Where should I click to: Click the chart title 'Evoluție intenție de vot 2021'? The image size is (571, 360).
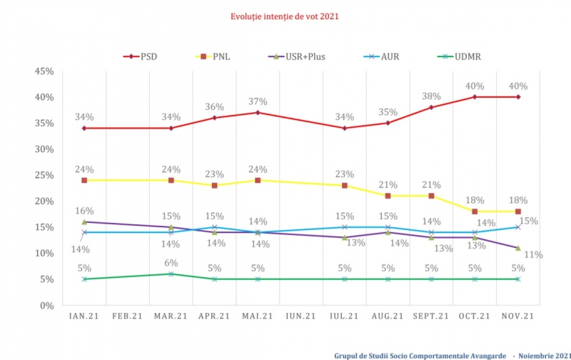click(284, 16)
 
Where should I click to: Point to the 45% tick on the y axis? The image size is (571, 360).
click(44, 71)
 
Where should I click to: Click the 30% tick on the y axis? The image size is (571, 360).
click(44, 149)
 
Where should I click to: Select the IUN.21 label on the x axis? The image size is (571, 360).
click(300, 316)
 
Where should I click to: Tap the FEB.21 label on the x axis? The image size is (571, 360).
click(127, 316)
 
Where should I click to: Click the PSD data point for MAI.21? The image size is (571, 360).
click(258, 113)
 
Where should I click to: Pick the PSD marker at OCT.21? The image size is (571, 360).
click(475, 97)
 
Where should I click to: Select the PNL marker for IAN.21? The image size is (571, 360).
click(84, 180)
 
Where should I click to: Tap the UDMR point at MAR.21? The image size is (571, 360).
click(171, 274)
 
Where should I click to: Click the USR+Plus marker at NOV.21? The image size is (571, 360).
click(517, 248)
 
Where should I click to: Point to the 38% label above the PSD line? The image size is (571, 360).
click(430, 96)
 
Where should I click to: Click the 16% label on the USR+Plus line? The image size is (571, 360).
click(84, 211)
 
